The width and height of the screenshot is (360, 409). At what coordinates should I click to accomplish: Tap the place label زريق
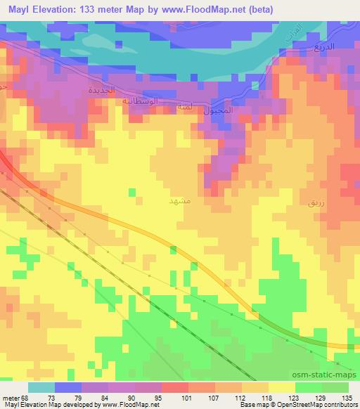[x=316, y=202]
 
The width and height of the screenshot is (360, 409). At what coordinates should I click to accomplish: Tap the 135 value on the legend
[x=347, y=397]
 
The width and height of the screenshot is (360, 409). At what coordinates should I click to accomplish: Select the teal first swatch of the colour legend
[x=41, y=387]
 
